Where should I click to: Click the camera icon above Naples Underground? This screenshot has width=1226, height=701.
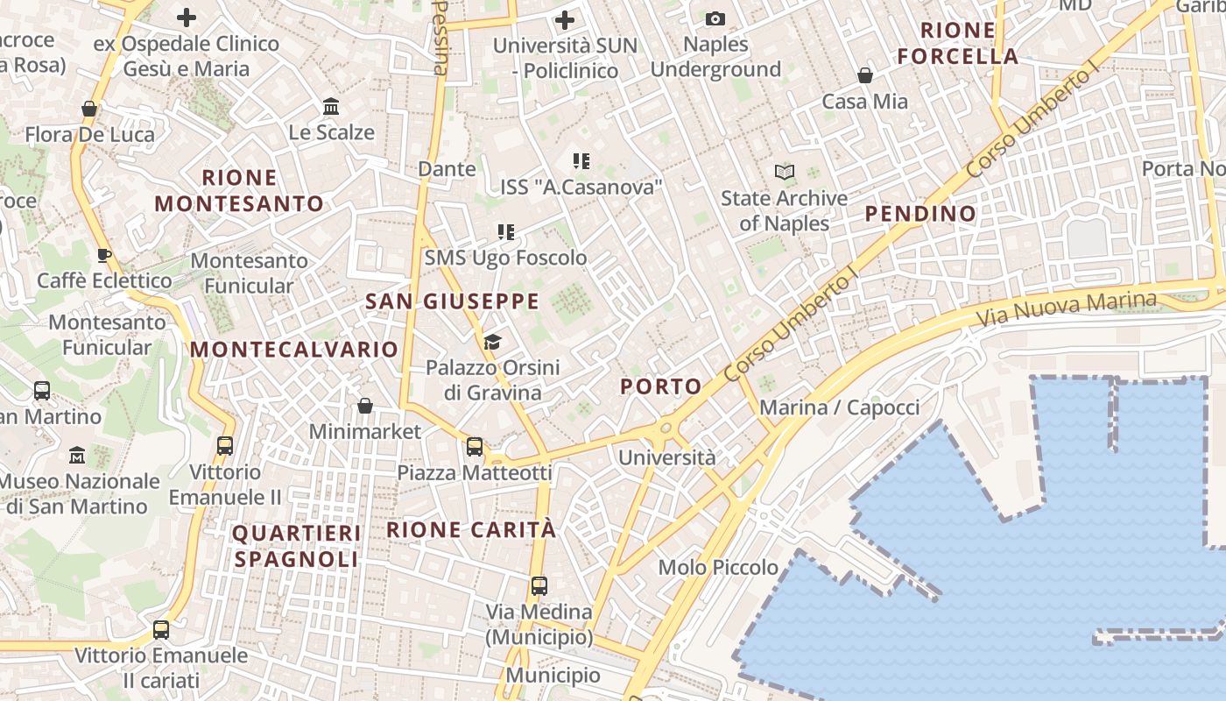(x=715, y=18)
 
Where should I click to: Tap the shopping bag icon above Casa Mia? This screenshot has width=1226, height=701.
(x=865, y=75)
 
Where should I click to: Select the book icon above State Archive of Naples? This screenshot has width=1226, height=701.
(x=785, y=172)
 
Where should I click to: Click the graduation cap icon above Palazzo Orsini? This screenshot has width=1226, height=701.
(x=492, y=342)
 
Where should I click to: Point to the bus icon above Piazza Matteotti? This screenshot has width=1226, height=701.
(x=475, y=447)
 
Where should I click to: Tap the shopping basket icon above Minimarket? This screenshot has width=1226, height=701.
(x=365, y=406)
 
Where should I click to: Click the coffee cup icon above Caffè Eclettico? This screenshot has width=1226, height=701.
(x=104, y=255)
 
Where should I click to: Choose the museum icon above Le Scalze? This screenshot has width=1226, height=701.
(x=331, y=107)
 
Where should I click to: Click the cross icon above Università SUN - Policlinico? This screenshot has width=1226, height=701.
(x=565, y=19)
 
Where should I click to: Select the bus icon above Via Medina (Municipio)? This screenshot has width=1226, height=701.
(x=539, y=586)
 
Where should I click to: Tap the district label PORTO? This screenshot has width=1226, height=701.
(x=661, y=386)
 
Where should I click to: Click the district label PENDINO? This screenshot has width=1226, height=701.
(x=920, y=213)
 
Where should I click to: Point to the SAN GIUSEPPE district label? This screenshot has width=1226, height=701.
(x=452, y=301)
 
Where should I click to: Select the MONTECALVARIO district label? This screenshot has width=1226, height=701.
(x=294, y=349)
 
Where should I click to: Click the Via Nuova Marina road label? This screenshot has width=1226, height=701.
(x=1066, y=308)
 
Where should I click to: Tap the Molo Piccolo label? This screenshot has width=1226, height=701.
(x=718, y=568)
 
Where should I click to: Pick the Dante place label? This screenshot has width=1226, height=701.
(x=447, y=168)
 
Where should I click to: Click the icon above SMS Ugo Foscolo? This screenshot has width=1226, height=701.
(x=506, y=232)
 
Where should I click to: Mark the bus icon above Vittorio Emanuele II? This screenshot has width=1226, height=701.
(x=225, y=446)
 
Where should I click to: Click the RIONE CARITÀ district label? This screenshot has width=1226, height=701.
(x=471, y=529)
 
